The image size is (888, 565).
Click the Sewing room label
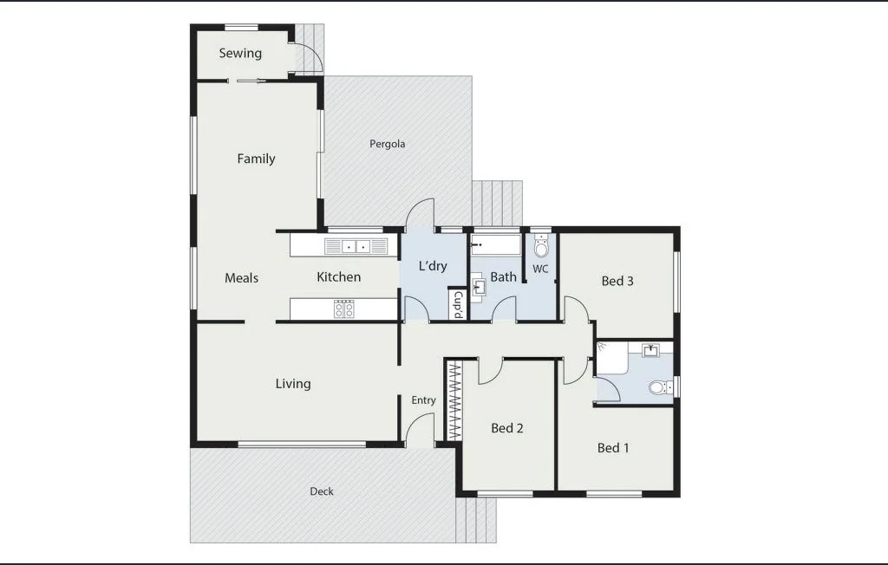click(240, 53)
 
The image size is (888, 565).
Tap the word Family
click(256, 159)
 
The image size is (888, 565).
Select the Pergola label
click(387, 144)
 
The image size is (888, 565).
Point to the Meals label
click(241, 277)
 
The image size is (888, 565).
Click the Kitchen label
click(338, 277)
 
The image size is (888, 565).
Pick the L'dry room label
click(433, 266)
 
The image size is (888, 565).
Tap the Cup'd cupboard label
click(458, 304)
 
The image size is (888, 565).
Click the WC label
click(540, 270)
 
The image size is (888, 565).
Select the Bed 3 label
click(617, 281)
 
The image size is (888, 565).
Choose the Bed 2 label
click(507, 428)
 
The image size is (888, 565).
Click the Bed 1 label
click(613, 448)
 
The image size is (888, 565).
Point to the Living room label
click(293, 384)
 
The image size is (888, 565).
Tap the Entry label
click(423, 400)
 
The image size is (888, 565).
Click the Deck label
click(322, 491)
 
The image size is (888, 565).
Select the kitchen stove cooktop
click(344, 308)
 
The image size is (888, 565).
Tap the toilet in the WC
click(541, 248)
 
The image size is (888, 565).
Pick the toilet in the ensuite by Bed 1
click(661, 387)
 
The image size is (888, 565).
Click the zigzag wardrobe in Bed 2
click(453, 401)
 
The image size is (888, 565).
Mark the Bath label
click(503, 277)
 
